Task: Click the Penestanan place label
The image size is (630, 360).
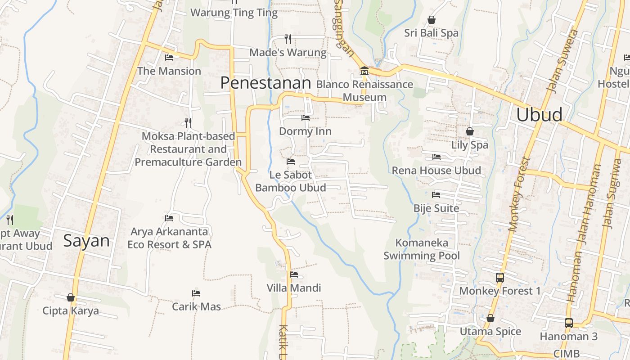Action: coord(265,83)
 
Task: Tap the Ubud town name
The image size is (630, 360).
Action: coord(539,115)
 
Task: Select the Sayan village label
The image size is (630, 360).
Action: coord(86,241)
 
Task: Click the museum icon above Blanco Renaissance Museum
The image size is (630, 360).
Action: coord(364,71)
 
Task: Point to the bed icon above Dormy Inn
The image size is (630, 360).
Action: coord(305,118)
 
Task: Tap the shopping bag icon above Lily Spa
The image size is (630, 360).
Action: coord(470,131)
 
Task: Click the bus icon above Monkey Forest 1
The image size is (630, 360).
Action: coord(499,277)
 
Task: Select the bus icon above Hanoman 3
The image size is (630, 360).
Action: coord(569,323)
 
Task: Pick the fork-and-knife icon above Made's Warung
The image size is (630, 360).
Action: coord(288,39)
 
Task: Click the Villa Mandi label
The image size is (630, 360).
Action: coord(294,288)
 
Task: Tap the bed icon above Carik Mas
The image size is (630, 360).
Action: coord(196,293)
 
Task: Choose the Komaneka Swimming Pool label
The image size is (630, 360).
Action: coord(422,249)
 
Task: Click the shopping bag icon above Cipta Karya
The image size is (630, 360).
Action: coord(71,297)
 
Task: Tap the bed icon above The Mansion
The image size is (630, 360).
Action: coord(169,58)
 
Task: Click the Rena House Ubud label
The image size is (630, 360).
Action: coord(436,171)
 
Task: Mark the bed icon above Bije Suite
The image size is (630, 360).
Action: coord(436,195)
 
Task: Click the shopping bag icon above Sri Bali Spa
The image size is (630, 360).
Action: coord(431,20)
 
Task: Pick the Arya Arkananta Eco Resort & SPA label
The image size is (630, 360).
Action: coord(169,238)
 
